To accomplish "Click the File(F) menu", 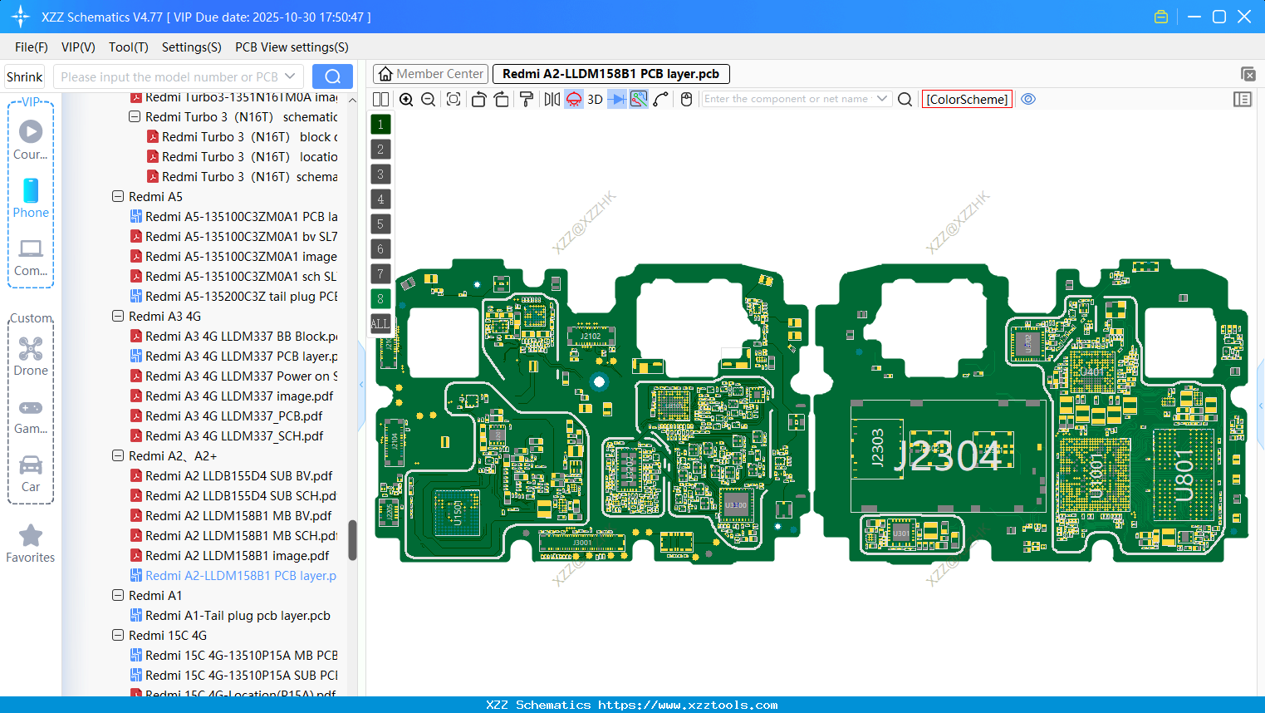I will click(x=31, y=47).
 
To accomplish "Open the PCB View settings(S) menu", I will click(x=292, y=47).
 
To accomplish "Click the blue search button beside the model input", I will click(x=332, y=76).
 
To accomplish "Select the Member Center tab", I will click(x=430, y=74).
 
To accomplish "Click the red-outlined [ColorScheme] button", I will click(x=967, y=100).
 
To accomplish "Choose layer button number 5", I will click(x=380, y=224).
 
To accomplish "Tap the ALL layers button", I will click(x=380, y=324).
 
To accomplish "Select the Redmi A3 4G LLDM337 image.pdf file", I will click(x=239, y=396).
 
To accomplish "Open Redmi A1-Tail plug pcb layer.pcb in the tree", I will click(x=238, y=616).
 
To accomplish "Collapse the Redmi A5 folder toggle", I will click(x=118, y=197).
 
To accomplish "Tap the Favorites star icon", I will click(x=31, y=536).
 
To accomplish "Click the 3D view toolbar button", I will click(x=595, y=100).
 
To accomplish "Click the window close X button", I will click(x=1244, y=17).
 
